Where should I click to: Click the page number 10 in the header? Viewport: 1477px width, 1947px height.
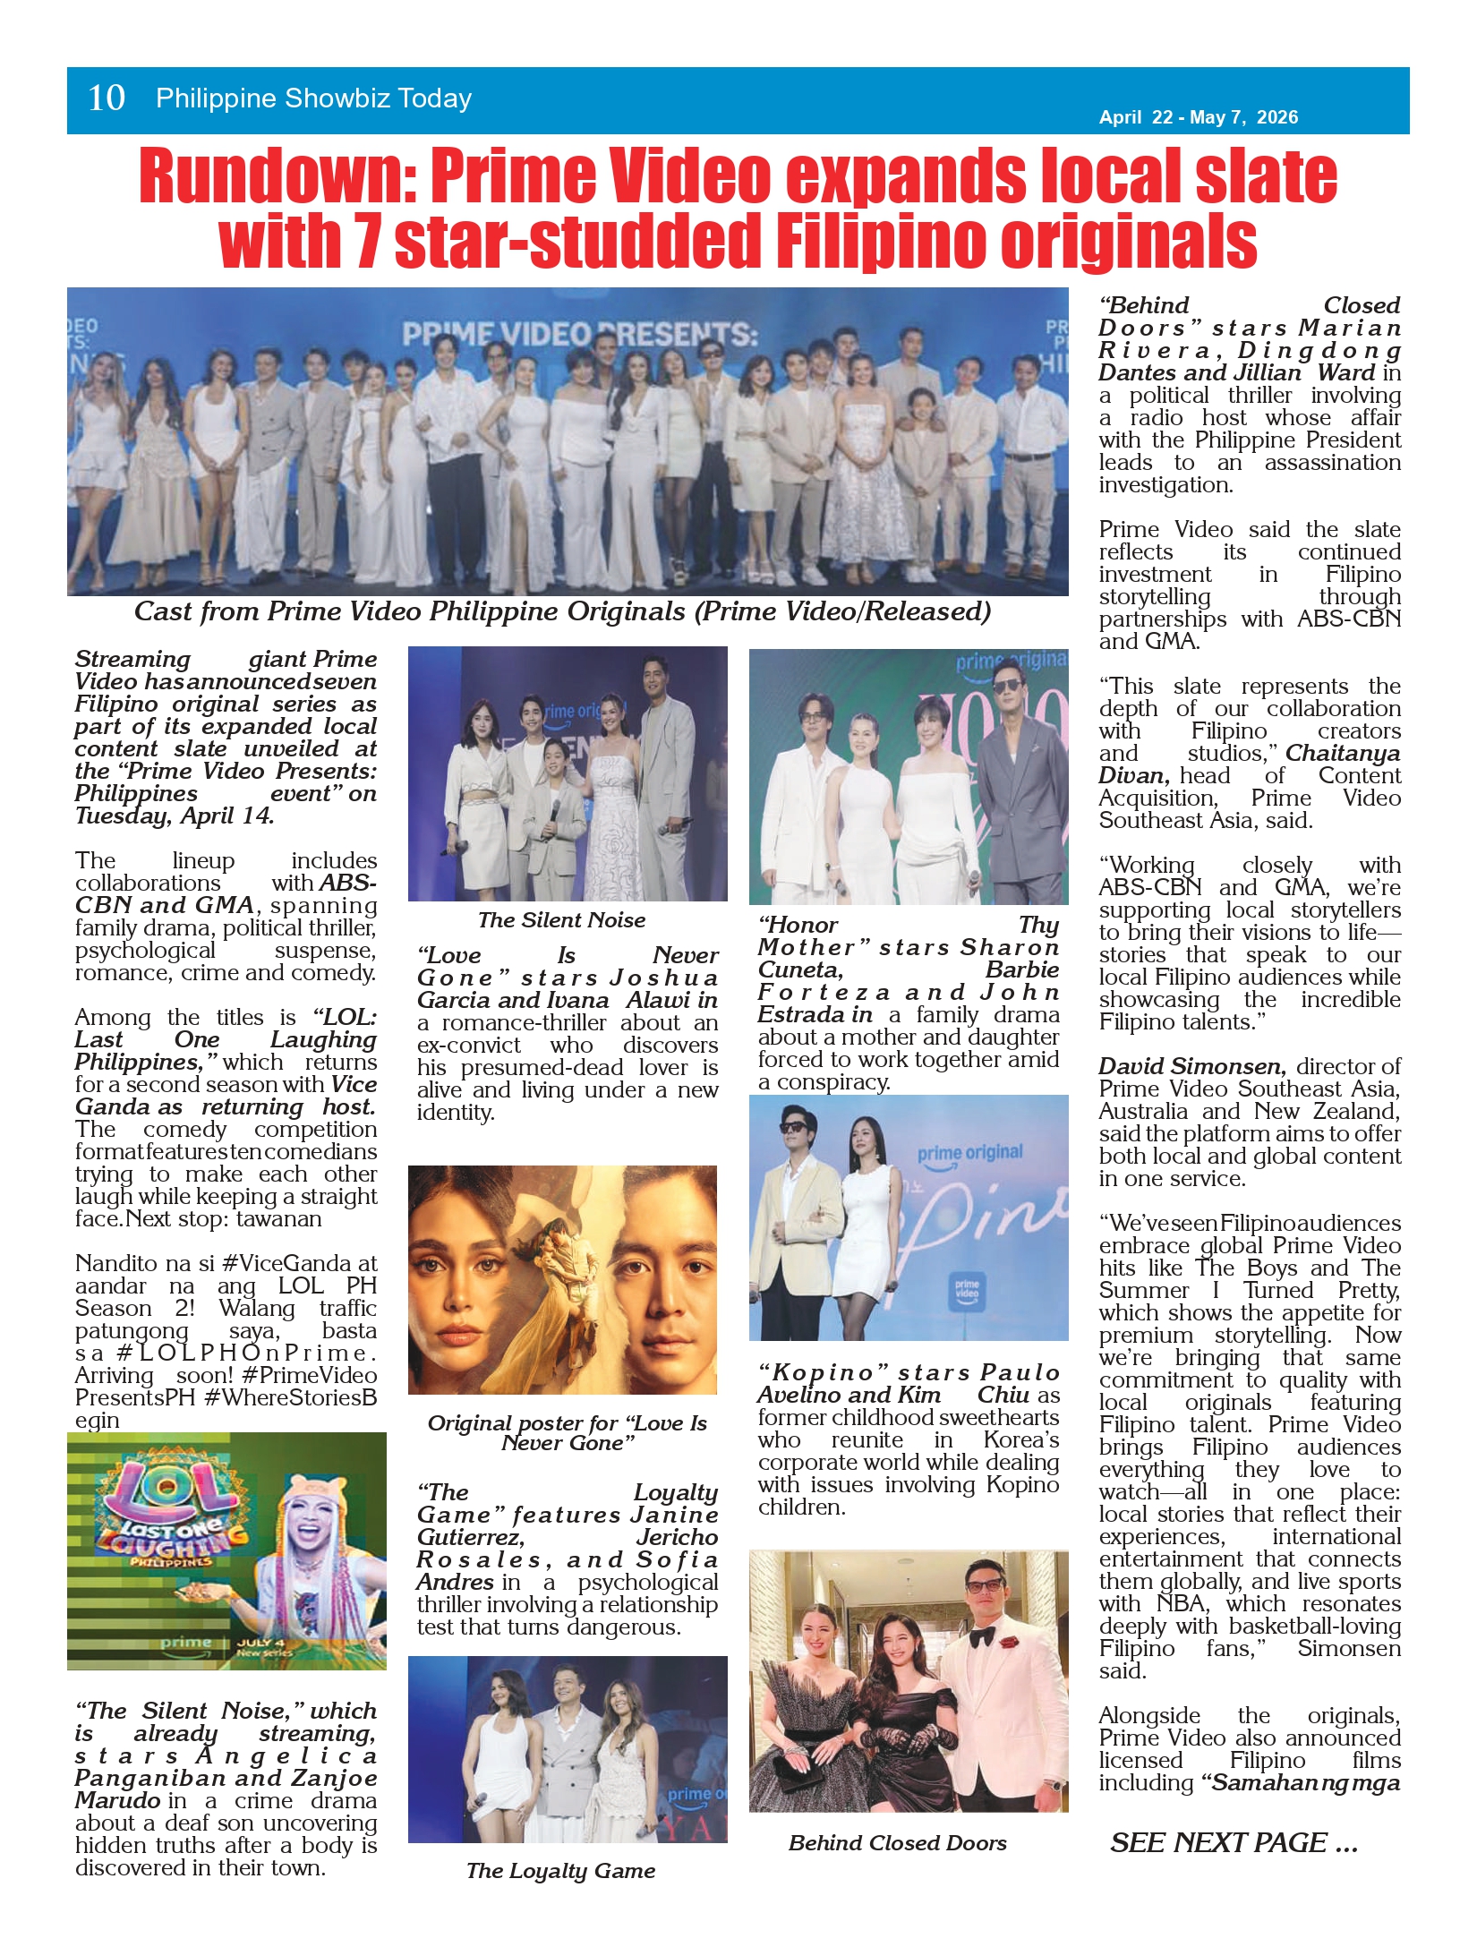[x=107, y=98]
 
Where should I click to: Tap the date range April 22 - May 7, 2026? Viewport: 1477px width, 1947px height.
[x=1198, y=117]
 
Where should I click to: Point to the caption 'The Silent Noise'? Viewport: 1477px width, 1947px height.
[x=561, y=920]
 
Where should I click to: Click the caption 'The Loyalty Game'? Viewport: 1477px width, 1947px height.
[x=560, y=1870]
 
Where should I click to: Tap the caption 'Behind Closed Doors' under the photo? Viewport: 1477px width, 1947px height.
[x=897, y=1842]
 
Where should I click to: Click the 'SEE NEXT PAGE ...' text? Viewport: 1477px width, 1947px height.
[x=1234, y=1842]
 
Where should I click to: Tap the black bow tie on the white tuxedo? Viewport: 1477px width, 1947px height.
[x=983, y=1635]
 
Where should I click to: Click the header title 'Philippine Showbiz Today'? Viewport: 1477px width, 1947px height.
[x=313, y=98]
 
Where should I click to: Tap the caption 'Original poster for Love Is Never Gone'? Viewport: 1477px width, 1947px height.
[x=567, y=1432]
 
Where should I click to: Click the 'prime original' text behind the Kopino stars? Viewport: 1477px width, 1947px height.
[x=969, y=1153]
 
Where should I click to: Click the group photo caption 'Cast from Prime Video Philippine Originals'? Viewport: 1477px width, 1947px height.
[x=562, y=611]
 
